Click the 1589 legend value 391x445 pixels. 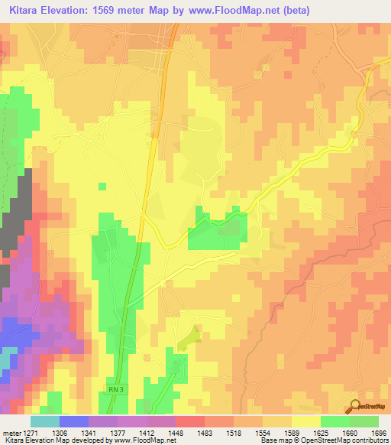coord(298,431)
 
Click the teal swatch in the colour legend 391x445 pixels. coord(44,421)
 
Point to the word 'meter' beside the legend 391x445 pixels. coord(10,431)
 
